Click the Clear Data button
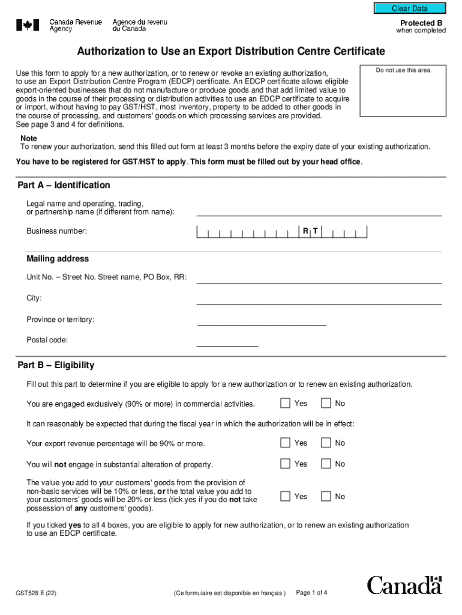tap(410, 8)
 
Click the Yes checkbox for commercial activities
tap(286, 403)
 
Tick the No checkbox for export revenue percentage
tap(326, 443)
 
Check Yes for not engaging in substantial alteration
tap(286, 464)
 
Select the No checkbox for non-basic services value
tap(326, 496)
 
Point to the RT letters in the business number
tap(310, 231)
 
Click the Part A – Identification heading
tap(64, 185)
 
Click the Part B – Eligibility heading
tap(56, 365)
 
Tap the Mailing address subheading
tap(58, 259)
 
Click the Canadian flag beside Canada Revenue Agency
tap(28, 25)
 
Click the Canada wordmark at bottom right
tap(404, 584)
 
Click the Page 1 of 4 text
tap(312, 593)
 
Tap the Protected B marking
tap(421, 23)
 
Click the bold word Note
tap(29, 138)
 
